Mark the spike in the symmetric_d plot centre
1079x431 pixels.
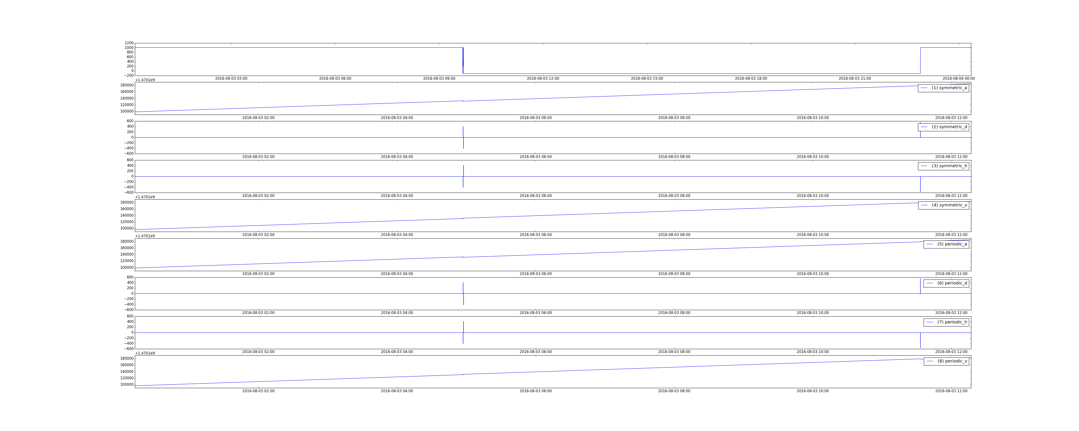463,137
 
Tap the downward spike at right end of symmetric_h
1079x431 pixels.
920,184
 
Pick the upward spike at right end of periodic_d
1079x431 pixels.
920,286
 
